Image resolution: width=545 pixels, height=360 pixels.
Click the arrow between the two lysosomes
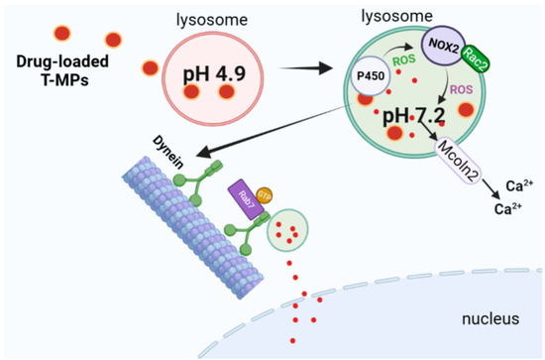pos(297,70)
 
